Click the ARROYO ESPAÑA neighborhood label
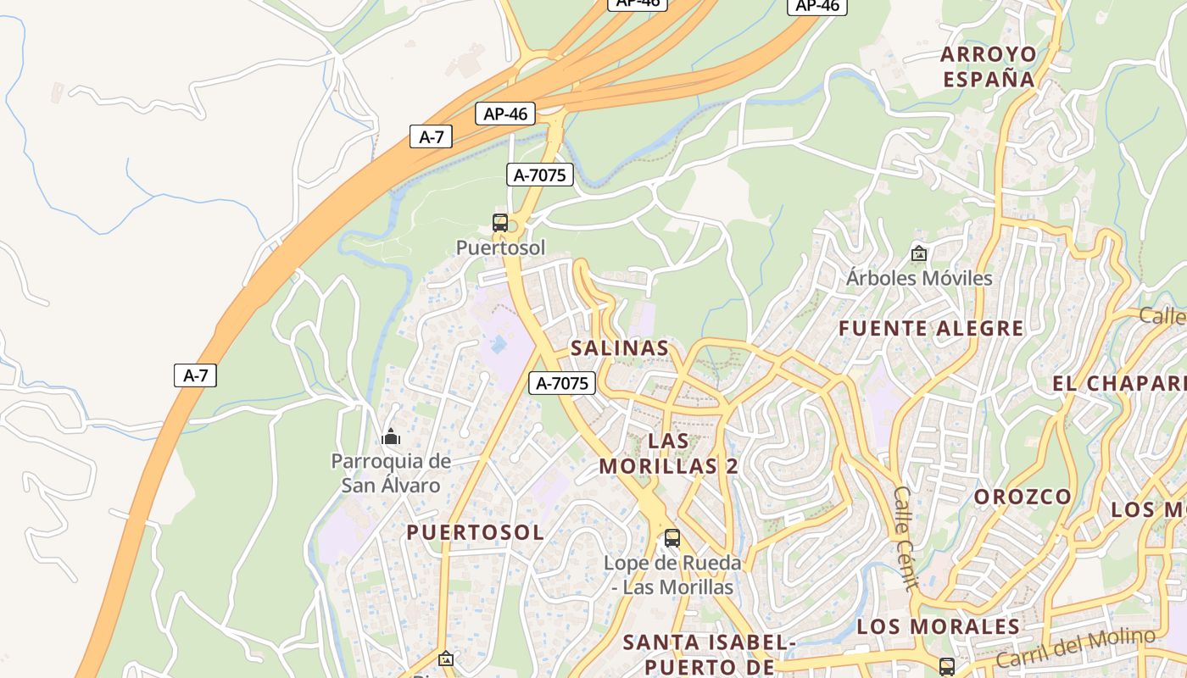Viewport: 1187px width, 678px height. click(989, 67)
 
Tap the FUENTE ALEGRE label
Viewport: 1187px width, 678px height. click(931, 328)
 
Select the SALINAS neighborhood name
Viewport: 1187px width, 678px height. click(620, 347)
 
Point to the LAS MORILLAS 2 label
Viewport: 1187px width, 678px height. click(669, 453)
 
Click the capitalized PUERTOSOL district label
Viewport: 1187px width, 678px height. click(475, 532)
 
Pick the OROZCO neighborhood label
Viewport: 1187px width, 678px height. click(1023, 497)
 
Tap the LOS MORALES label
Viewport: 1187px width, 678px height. click(938, 626)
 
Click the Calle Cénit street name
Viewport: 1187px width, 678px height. click(905, 537)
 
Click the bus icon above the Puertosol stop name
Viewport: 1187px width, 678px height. click(500, 223)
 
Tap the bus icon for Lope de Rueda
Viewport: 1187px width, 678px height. click(672, 537)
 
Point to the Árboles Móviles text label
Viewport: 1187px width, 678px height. click(919, 278)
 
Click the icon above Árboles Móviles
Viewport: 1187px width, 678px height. click(918, 253)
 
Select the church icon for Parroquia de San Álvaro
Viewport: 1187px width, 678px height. click(391, 436)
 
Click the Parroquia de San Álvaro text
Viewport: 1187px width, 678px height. click(391, 473)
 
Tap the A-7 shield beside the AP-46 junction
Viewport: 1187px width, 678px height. click(432, 136)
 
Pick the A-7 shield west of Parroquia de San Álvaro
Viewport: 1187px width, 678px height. click(195, 375)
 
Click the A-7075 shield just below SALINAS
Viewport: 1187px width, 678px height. click(562, 383)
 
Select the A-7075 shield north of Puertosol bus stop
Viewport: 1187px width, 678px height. click(540, 175)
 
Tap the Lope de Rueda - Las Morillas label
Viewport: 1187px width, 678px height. click(672, 575)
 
